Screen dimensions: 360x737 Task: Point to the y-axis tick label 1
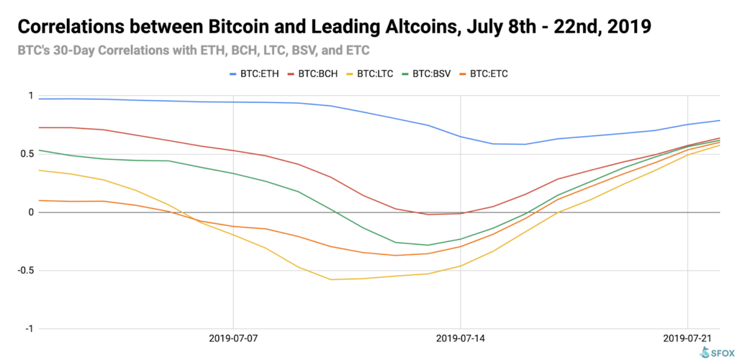point(30,96)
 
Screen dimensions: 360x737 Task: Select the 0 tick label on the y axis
point(30,212)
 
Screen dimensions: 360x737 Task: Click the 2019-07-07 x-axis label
point(233,338)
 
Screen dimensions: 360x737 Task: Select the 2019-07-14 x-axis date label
point(461,338)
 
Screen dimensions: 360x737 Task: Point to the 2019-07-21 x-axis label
point(688,338)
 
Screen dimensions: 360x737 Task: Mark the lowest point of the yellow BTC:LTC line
point(331,279)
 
